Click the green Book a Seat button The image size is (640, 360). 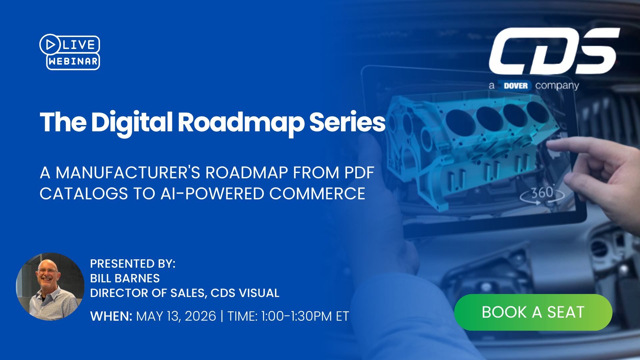click(x=533, y=312)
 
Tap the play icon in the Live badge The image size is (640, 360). click(x=50, y=44)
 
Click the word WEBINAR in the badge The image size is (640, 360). click(x=73, y=61)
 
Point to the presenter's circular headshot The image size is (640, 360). click(x=50, y=287)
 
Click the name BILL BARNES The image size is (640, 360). click(x=125, y=278)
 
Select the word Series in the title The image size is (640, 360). click(x=347, y=122)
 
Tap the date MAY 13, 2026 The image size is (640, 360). click(x=176, y=316)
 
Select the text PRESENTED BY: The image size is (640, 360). click(x=133, y=264)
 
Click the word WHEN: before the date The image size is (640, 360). click(x=111, y=316)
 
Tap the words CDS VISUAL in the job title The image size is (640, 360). click(x=245, y=293)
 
